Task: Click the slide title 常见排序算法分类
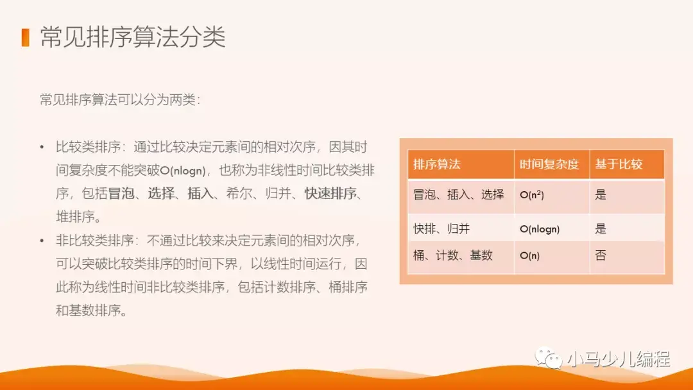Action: pos(133,38)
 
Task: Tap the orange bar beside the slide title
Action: pos(26,37)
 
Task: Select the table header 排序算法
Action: pos(437,164)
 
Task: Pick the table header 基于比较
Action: pos(619,164)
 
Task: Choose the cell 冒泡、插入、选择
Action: pos(459,194)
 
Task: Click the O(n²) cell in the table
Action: pos(532,195)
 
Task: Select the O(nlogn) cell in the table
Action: pos(540,229)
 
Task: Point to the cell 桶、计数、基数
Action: pos(453,255)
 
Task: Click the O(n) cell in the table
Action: pos(529,256)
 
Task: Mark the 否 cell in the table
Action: pos(601,255)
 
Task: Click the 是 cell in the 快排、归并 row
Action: pos(601,228)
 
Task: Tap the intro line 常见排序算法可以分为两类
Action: pos(120,100)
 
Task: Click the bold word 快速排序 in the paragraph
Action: pos(330,193)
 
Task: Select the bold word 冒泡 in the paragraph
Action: pos(121,193)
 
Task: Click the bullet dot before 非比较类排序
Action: pos(42,241)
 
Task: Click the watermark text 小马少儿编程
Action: pos(618,359)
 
